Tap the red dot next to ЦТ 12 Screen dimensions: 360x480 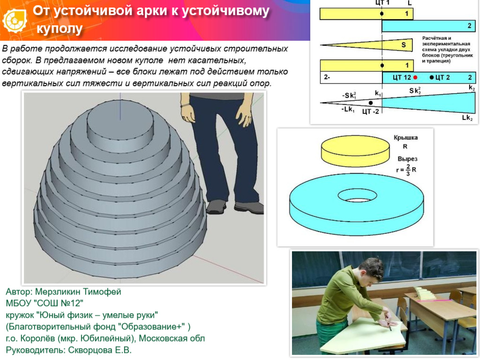(x=415, y=77)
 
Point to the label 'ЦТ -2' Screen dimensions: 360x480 (x=370, y=111)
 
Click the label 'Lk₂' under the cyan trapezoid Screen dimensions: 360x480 (x=467, y=118)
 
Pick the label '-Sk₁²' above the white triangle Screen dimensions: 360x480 (x=349, y=96)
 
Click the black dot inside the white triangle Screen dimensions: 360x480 (x=371, y=103)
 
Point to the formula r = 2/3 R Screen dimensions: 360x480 (x=406, y=169)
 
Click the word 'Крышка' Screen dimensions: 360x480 (x=405, y=138)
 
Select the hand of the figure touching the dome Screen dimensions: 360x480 (x=188, y=112)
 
